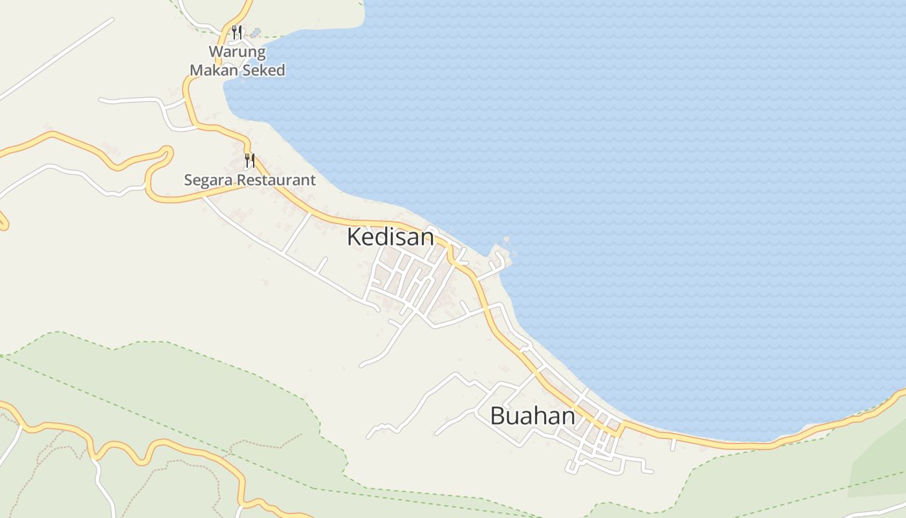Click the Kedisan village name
[x=390, y=237]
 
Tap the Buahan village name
[x=532, y=416]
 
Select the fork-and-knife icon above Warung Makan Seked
[x=237, y=32]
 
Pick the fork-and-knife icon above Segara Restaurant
[x=250, y=161]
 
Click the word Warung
[x=237, y=52]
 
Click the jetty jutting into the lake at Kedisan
[x=498, y=257]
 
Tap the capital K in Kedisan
[x=353, y=237]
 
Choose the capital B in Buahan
[x=497, y=416]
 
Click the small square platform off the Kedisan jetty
[x=506, y=241]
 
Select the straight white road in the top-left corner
[x=58, y=58]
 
